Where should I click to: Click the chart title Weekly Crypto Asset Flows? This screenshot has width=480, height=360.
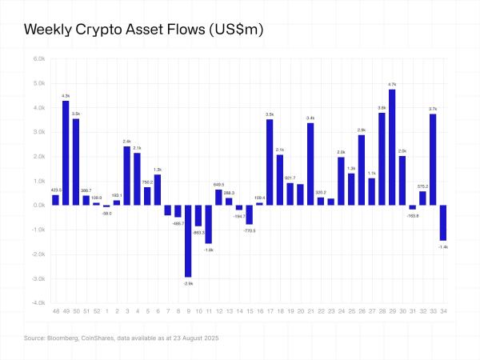144,30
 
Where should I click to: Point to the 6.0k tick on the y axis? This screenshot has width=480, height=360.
38,58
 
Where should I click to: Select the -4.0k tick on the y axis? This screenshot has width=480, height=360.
38,303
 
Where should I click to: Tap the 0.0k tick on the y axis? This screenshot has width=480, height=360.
38,206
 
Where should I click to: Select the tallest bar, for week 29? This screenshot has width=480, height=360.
392,147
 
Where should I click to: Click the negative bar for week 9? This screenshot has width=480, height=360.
188,241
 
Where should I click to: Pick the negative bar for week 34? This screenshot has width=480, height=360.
442,222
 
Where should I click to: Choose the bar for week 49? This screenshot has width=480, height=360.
66,153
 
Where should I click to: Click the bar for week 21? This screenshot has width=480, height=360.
310,164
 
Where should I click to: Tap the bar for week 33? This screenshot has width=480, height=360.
433,159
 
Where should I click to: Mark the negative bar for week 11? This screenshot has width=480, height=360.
208,224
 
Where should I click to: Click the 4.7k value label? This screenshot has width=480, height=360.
392,84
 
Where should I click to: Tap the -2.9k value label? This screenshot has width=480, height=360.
188,283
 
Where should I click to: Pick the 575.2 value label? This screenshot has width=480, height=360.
422,186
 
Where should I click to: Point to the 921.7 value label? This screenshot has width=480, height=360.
290,178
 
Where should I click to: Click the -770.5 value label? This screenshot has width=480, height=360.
249,230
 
